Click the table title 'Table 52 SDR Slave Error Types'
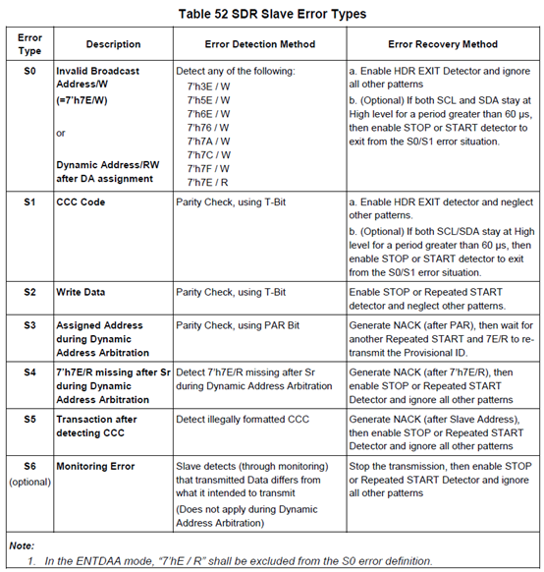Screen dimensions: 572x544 (271, 14)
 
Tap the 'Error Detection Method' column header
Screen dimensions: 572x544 (259, 44)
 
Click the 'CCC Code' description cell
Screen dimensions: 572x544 (82, 201)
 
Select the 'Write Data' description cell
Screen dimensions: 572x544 (84, 292)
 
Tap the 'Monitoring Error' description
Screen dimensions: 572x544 (95, 465)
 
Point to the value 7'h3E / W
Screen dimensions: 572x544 (208, 86)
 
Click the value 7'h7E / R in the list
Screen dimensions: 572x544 (208, 181)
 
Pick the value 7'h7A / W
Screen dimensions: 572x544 (208, 141)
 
